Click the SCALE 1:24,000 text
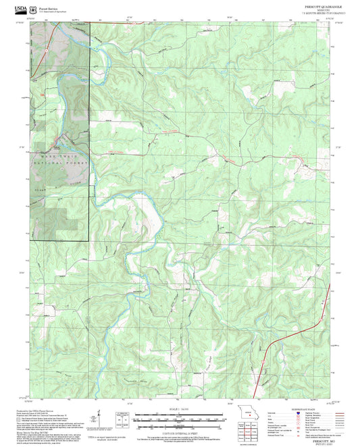pos(179,409)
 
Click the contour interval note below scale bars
pos(179,432)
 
